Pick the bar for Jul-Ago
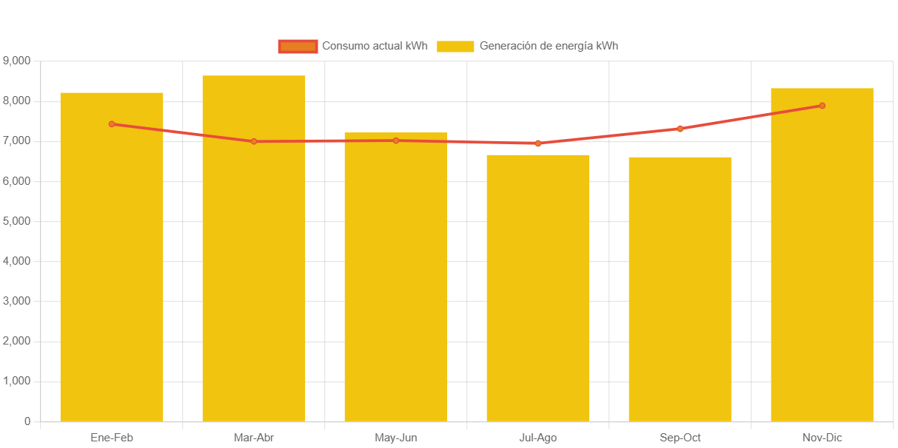(x=538, y=296)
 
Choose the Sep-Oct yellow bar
(x=680, y=296)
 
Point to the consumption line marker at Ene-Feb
(x=112, y=124)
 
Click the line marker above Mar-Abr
(x=254, y=141)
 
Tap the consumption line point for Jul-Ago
(x=538, y=143)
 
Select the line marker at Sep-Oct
(x=680, y=129)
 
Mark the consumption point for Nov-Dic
(x=822, y=106)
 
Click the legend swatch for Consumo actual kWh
(x=298, y=47)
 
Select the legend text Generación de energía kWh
(x=549, y=46)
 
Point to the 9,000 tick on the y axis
(x=17, y=60)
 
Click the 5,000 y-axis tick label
(x=17, y=221)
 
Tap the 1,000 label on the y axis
(x=17, y=381)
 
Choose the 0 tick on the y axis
(x=27, y=421)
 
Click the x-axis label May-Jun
(x=396, y=438)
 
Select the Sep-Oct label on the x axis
(x=680, y=438)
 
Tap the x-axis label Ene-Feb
(x=112, y=438)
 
